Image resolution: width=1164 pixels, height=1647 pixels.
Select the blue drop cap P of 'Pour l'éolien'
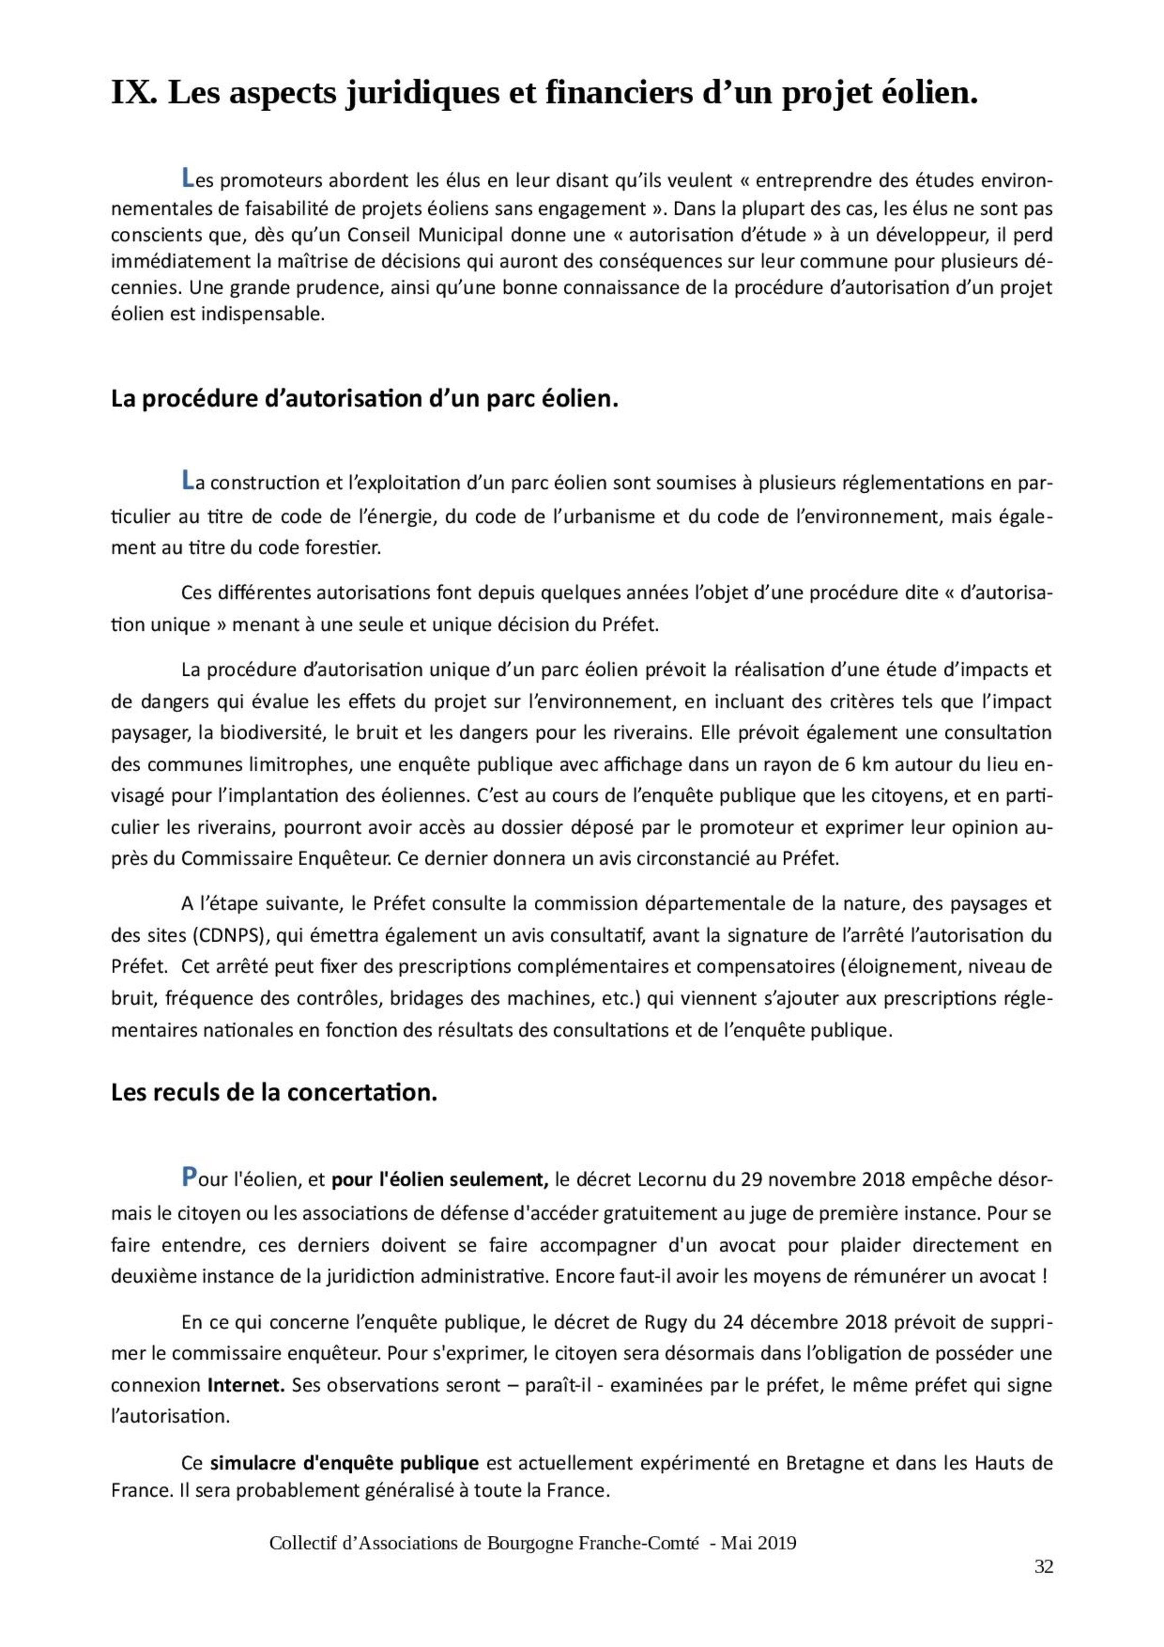pos(189,1177)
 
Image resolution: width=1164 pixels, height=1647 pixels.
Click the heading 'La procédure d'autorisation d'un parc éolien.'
pos(365,399)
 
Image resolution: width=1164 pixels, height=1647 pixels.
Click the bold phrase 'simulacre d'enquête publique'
pos(344,1462)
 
